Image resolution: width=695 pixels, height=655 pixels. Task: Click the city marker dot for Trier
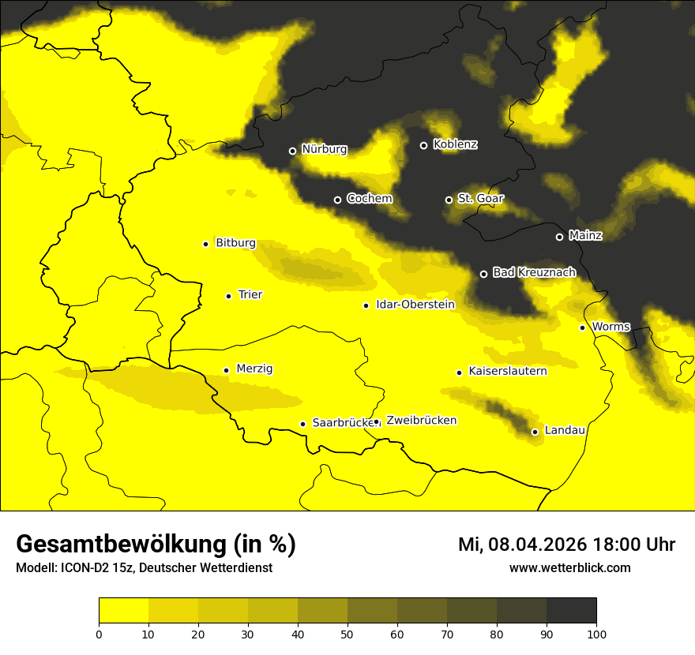228,296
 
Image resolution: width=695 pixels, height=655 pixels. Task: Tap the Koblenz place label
455,144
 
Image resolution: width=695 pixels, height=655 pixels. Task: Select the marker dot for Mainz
559,237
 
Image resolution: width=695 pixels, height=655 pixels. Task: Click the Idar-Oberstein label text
415,304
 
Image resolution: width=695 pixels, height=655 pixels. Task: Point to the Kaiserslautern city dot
459,372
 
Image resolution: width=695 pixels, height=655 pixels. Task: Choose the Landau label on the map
565,430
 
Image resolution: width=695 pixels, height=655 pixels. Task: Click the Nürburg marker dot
292,151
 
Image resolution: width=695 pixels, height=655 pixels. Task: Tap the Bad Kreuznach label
534,272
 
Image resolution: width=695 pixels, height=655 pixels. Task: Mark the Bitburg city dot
205,244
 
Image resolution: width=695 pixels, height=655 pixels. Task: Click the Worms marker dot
582,327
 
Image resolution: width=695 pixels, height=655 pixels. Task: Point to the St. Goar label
480,198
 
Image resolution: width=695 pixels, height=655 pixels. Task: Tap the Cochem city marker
337,200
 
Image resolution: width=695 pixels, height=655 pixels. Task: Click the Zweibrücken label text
421,421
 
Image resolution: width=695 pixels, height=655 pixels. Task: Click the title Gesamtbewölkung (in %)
156,545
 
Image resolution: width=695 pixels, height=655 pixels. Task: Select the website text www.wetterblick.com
569,567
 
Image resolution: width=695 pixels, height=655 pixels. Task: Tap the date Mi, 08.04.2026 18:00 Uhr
566,545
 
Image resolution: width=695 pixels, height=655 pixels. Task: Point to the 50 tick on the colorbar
347,633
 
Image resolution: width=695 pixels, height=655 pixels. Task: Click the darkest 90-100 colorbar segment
571,610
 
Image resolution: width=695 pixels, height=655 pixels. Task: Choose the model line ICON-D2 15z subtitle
144,568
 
